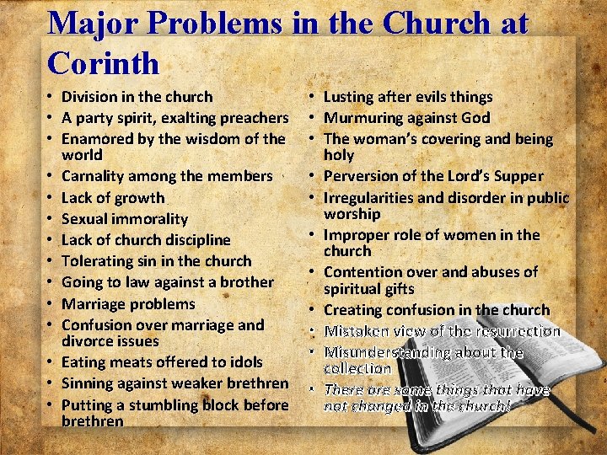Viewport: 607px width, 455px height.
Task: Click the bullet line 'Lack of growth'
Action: tap(113, 198)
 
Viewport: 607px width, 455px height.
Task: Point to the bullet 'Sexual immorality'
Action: tap(125, 219)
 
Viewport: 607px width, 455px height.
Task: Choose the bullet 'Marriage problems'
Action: tap(128, 303)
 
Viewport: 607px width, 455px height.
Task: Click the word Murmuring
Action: tap(363, 118)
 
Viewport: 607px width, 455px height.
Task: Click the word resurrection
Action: tap(514, 331)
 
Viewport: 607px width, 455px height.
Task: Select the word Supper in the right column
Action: tap(518, 176)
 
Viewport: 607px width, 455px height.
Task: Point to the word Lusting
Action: tap(352, 97)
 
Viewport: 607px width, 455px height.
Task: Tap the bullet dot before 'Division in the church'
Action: tap(51, 98)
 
